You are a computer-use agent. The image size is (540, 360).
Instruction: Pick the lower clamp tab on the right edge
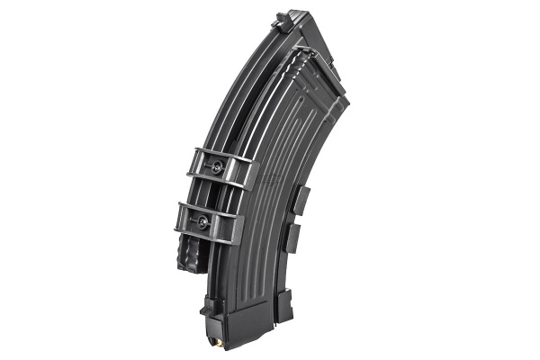(292, 238)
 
